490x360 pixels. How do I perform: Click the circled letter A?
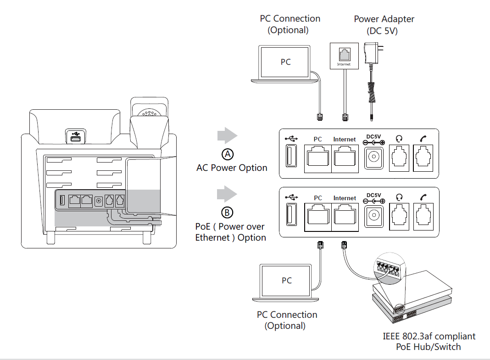click(227, 154)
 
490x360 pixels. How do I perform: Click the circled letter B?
click(227, 213)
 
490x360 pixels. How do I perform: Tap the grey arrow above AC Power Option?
click(227, 136)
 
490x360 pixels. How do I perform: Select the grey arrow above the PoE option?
click(227, 195)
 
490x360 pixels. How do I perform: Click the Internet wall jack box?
click(343, 56)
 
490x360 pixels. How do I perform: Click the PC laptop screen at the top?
click(285, 62)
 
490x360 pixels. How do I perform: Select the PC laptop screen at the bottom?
click(286, 280)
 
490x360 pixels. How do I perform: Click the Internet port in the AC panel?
click(344, 159)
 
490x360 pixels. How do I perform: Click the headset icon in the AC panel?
click(399, 138)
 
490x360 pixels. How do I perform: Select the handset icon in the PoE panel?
click(423, 197)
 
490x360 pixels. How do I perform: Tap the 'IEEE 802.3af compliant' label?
click(429, 337)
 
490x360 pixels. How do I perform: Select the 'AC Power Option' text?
click(232, 168)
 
